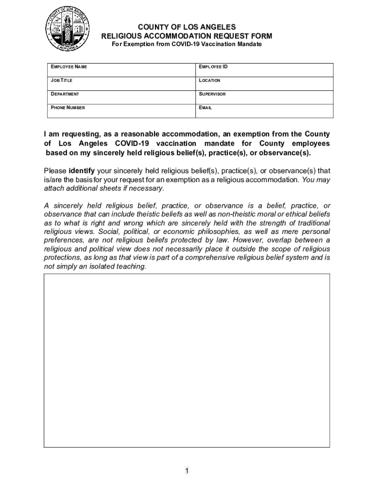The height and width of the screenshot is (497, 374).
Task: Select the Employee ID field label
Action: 213,66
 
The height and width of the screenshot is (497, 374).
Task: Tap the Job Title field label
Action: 62,80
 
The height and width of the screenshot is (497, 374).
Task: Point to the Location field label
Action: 209,80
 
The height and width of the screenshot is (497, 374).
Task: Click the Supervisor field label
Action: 212,94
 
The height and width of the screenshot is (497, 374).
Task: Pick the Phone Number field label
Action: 68,108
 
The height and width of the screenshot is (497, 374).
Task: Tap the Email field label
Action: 205,108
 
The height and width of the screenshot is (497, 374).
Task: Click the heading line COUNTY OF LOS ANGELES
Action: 187,27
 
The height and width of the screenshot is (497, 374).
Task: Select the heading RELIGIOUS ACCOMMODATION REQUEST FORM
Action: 187,36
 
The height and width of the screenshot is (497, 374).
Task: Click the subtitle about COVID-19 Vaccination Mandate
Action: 187,44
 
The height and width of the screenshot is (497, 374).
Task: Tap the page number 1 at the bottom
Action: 187,471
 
